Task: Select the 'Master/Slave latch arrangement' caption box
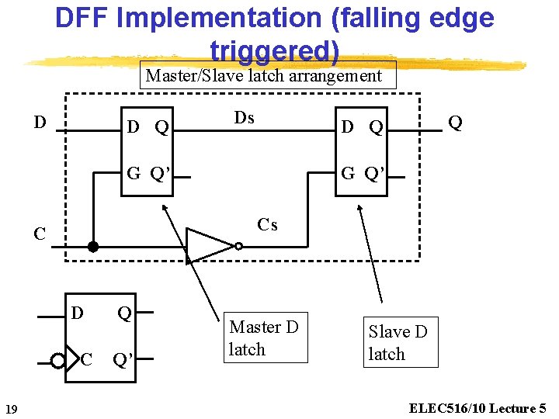point(264,76)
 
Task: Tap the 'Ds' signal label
point(244,118)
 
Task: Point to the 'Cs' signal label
point(267,225)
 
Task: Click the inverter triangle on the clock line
point(209,246)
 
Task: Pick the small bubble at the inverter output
point(239,247)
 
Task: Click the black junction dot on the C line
point(93,248)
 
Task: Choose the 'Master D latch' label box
point(264,338)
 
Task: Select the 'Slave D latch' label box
point(398,342)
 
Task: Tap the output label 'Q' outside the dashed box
point(455,123)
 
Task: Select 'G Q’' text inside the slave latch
point(362,173)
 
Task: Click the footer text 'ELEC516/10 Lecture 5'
point(475,408)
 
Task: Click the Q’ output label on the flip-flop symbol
point(123,359)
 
